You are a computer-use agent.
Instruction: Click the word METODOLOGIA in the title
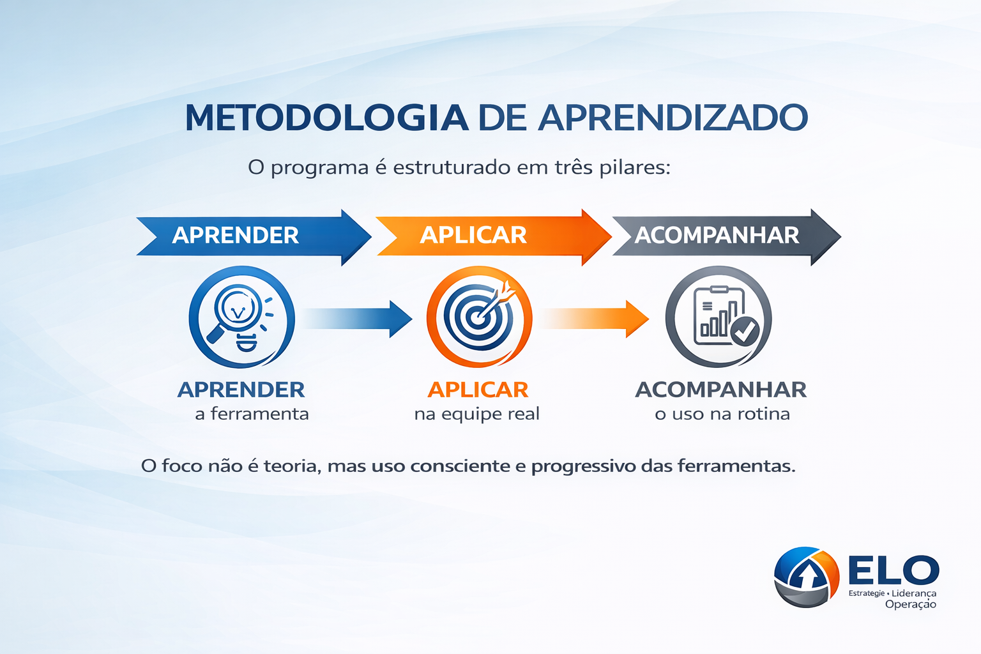[x=326, y=118]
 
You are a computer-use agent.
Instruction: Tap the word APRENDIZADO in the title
[x=673, y=118]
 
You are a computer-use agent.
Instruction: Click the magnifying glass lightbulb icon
[x=241, y=317]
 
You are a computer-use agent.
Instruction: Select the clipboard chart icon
[x=718, y=317]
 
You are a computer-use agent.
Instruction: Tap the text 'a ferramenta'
[x=252, y=414]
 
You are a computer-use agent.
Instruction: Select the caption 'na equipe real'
[x=476, y=414]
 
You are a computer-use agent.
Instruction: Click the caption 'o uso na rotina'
[x=722, y=414]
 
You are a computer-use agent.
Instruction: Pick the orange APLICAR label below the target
[x=478, y=390]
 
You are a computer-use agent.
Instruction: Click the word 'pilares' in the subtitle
[x=635, y=168]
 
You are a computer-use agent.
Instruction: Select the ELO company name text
[x=894, y=570]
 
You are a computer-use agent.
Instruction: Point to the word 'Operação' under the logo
[x=910, y=604]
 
